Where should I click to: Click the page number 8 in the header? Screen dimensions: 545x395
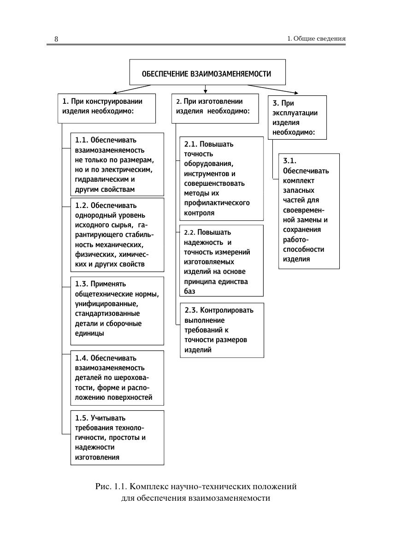pyautogui.click(x=56, y=39)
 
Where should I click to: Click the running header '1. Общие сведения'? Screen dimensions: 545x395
pyautogui.click(x=316, y=39)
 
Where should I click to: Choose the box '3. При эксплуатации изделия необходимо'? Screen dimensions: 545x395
pyautogui.click(x=297, y=117)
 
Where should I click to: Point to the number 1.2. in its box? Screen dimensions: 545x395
pyautogui.click(x=82, y=205)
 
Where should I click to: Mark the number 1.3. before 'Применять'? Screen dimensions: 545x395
pyautogui.click(x=82, y=284)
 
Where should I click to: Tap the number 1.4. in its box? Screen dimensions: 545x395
pyautogui.click(x=82, y=358)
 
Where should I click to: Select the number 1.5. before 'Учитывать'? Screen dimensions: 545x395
pyautogui.click(x=82, y=418)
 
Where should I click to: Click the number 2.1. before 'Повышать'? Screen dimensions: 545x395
pyautogui.click(x=190, y=144)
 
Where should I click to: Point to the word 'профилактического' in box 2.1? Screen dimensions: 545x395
pyautogui.click(x=217, y=203)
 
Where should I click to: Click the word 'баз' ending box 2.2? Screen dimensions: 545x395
pyautogui.click(x=189, y=291)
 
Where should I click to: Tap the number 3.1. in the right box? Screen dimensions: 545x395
pyautogui.click(x=290, y=161)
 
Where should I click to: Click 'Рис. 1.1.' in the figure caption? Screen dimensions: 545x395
pyautogui.click(x=111, y=486)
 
